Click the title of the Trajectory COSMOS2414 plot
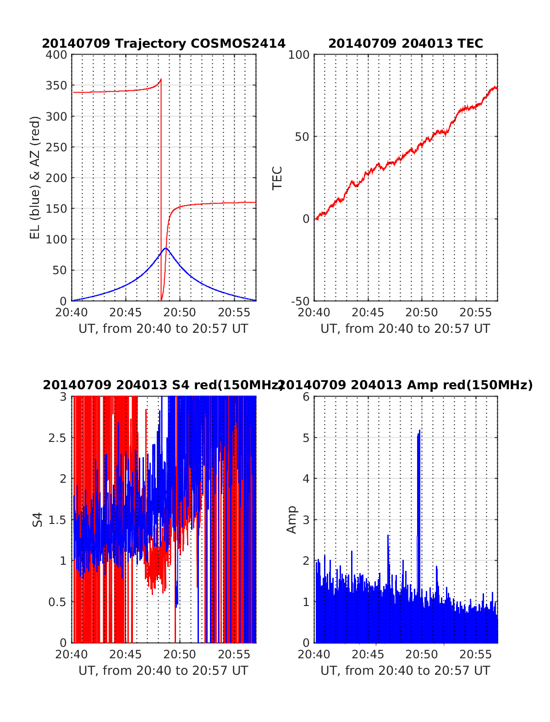tap(164, 44)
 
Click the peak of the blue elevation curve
tap(166, 248)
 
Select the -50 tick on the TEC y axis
tap(300, 301)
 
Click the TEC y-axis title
tap(277, 178)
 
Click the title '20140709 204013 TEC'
tap(406, 44)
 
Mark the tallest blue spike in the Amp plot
tap(419, 431)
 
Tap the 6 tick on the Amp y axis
tap(306, 397)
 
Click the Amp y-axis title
tap(291, 520)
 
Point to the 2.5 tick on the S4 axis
tap(58, 438)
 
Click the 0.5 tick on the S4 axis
tap(58, 602)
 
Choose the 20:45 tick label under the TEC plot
tap(368, 313)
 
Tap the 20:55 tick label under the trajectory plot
tap(234, 313)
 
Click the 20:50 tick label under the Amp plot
tap(422, 654)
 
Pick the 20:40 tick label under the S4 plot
tap(71, 654)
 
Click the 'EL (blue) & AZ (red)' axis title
tap(35, 178)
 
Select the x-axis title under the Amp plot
tap(405, 671)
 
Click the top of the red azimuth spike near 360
tap(161, 80)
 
